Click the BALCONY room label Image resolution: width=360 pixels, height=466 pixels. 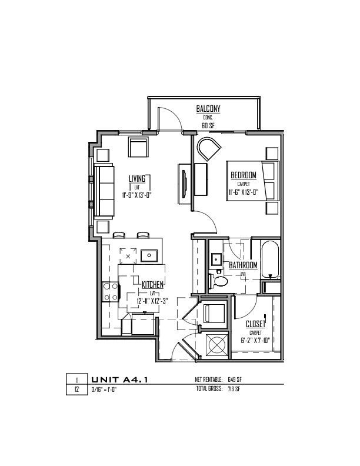208,108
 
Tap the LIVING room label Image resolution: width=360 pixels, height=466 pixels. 137,179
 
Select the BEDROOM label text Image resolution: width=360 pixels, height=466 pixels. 244,175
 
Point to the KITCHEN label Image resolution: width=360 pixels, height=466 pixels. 152,285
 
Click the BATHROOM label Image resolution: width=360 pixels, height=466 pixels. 243,265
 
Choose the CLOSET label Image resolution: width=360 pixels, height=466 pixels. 255,324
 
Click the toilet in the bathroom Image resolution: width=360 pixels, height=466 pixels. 219,281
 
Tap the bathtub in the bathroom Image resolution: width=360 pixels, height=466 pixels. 270,259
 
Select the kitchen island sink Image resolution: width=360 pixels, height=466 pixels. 149,255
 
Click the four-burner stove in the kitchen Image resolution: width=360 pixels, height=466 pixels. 111,292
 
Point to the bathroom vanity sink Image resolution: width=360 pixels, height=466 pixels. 216,259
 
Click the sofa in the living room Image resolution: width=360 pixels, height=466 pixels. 104,191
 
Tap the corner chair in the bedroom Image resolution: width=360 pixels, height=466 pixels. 209,149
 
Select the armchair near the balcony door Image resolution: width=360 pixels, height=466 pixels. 138,147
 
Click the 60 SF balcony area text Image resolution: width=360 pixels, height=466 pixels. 208,126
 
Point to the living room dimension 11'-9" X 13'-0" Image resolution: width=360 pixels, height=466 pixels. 137,195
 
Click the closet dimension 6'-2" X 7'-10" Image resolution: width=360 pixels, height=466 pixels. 255,340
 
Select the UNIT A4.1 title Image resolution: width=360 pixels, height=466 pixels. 119,380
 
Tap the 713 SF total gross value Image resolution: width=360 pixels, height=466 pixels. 234,389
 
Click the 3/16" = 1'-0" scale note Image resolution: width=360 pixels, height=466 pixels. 104,390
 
